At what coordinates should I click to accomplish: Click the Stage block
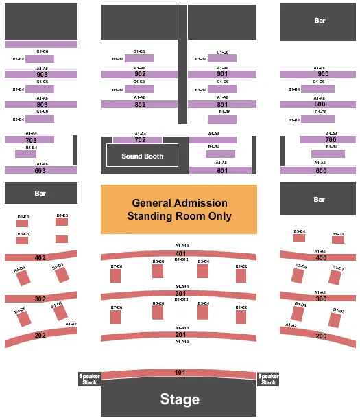tap(180, 399)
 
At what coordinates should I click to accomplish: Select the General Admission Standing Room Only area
tap(179, 209)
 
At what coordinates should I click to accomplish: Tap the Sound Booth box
tap(142, 156)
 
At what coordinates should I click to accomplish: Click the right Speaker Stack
tap(268, 380)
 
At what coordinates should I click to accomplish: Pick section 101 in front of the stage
tap(180, 373)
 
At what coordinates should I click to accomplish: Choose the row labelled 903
tap(40, 74)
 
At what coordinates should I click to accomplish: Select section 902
tap(141, 74)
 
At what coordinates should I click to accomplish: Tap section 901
tap(222, 74)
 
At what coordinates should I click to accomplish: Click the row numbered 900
tap(322, 74)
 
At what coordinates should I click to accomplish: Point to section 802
tap(141, 104)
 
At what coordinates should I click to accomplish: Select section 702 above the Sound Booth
tap(140, 140)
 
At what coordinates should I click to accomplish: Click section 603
tap(40, 170)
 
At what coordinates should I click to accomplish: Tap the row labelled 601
tap(222, 170)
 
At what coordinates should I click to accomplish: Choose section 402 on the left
tap(40, 258)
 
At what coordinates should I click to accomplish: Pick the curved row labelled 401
tap(180, 254)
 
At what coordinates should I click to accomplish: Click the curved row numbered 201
tap(180, 335)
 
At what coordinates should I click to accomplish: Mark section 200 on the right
tap(321, 336)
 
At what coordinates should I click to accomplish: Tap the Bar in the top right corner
tap(320, 21)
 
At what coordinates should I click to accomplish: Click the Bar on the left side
tap(40, 193)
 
